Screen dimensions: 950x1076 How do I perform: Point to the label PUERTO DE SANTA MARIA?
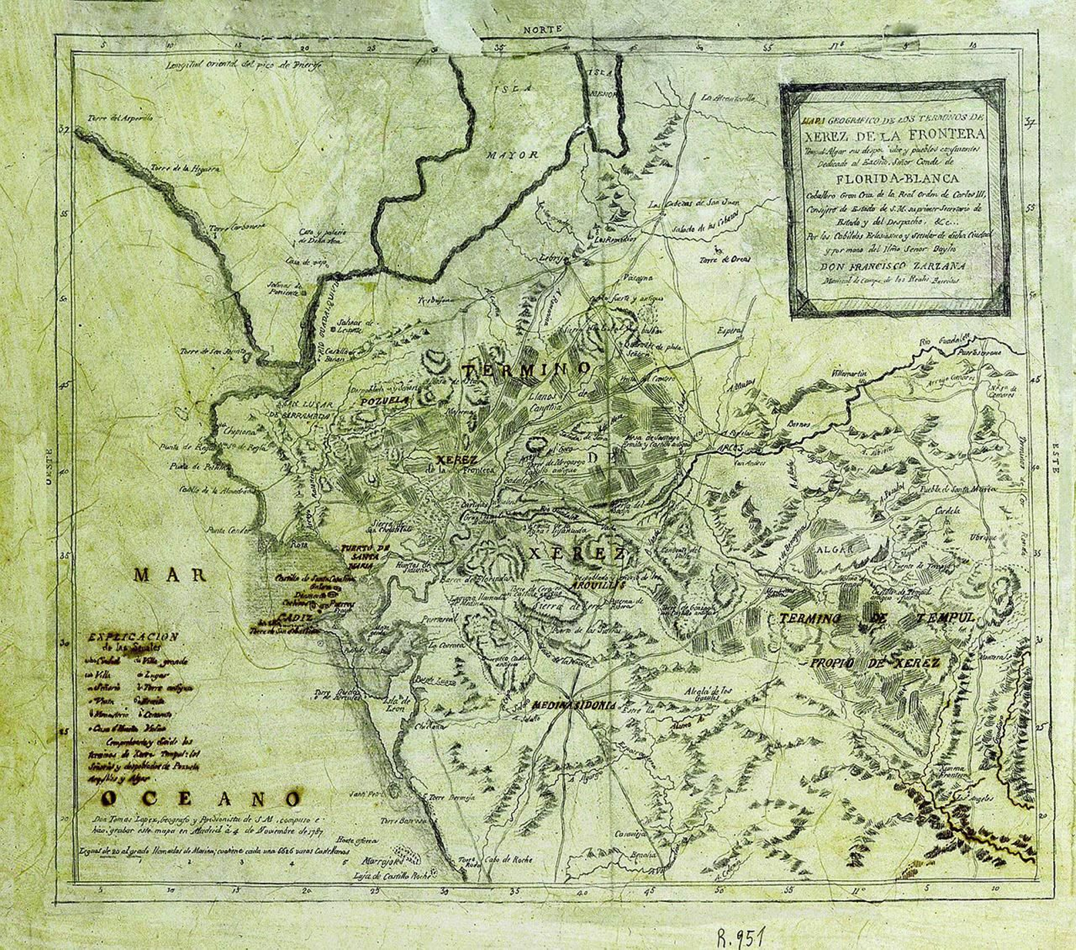(365, 557)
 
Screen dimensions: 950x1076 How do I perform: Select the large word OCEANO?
(201, 799)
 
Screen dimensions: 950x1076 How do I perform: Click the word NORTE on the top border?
(542, 30)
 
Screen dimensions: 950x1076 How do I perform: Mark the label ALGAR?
(835, 549)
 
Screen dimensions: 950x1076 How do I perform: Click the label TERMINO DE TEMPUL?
(878, 618)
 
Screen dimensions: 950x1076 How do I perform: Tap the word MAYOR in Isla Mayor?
(513, 155)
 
